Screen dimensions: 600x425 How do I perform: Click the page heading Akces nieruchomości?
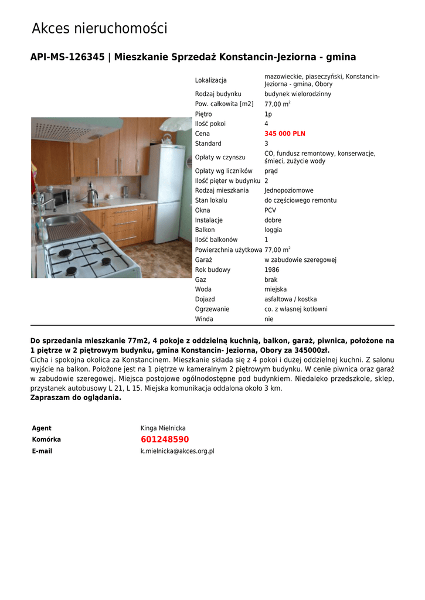point(99,28)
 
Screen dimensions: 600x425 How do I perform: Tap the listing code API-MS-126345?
point(67,57)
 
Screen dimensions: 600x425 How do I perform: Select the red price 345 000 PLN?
point(285,134)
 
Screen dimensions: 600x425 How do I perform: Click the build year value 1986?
point(272,270)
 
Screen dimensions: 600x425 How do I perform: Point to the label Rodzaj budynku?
point(218,94)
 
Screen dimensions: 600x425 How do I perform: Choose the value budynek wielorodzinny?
point(298,94)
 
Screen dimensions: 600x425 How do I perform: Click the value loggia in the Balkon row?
point(273,230)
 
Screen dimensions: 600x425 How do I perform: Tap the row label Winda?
point(204,319)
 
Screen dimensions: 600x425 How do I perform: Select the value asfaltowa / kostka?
point(290,299)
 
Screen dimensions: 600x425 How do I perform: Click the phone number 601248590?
point(165,439)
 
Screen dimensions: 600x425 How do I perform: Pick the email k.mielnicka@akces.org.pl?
point(177,451)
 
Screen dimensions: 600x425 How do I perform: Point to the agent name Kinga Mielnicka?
point(163,428)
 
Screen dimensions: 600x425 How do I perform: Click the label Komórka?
point(46,439)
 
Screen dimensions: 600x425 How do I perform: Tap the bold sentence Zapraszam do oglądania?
point(76,397)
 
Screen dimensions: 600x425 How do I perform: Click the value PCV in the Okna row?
point(270,210)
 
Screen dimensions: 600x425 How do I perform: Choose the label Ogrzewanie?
point(212,309)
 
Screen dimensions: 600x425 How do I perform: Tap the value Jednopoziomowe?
point(289,191)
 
